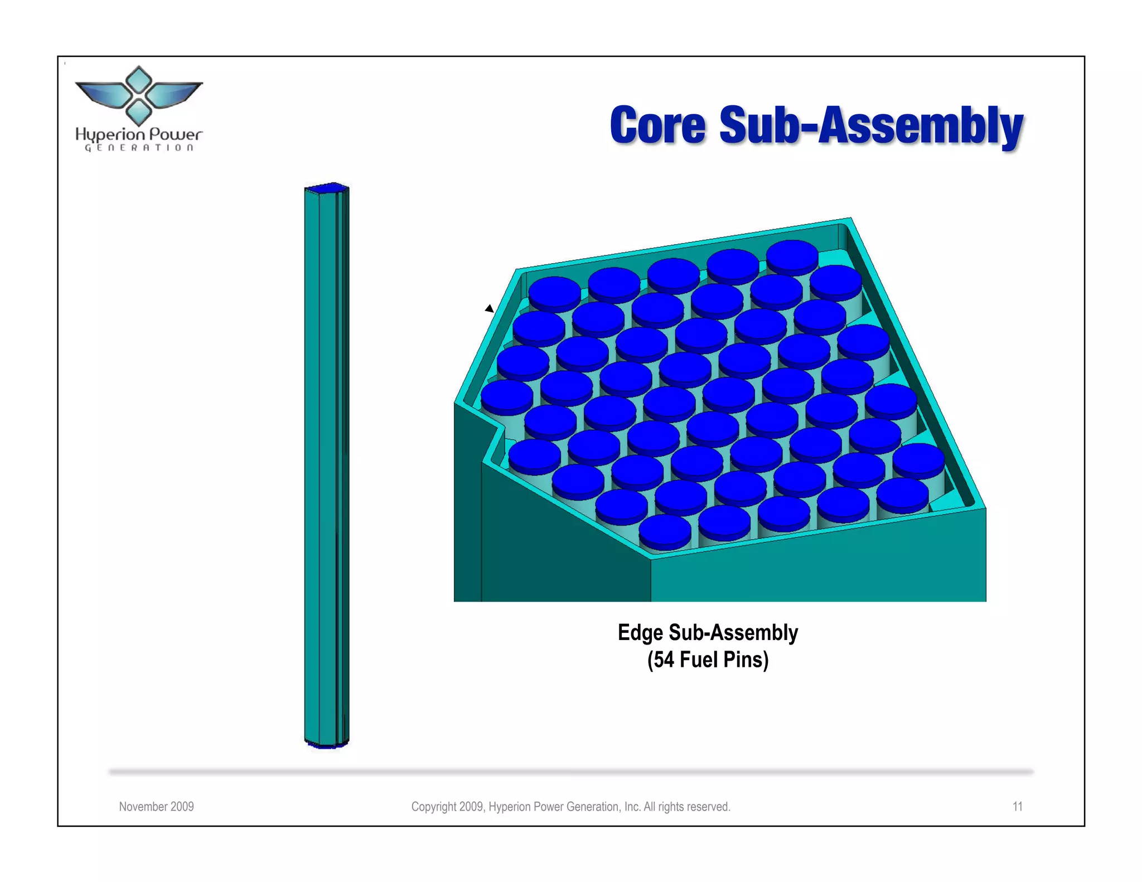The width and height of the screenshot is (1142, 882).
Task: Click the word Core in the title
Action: pos(657,125)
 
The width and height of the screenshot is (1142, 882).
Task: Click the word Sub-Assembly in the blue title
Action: pos(870,127)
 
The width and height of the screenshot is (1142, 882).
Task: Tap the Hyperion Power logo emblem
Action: pos(138,95)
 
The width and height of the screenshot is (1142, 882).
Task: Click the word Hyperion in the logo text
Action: pos(110,135)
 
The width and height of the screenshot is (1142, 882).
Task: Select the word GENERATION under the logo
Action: pos(139,148)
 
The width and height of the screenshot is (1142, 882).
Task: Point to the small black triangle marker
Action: pos(489,308)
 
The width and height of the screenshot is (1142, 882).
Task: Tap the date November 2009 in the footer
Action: pos(156,807)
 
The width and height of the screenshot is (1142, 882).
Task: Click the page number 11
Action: pos(1017,807)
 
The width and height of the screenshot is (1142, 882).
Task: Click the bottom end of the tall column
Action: pos(326,744)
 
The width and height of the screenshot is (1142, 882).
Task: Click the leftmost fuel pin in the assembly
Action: pos(507,395)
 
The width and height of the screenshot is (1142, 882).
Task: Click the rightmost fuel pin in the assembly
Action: pos(918,458)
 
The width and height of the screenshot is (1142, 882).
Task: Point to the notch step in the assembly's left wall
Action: pos(493,432)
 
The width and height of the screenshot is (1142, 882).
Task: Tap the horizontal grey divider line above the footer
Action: pos(571,772)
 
